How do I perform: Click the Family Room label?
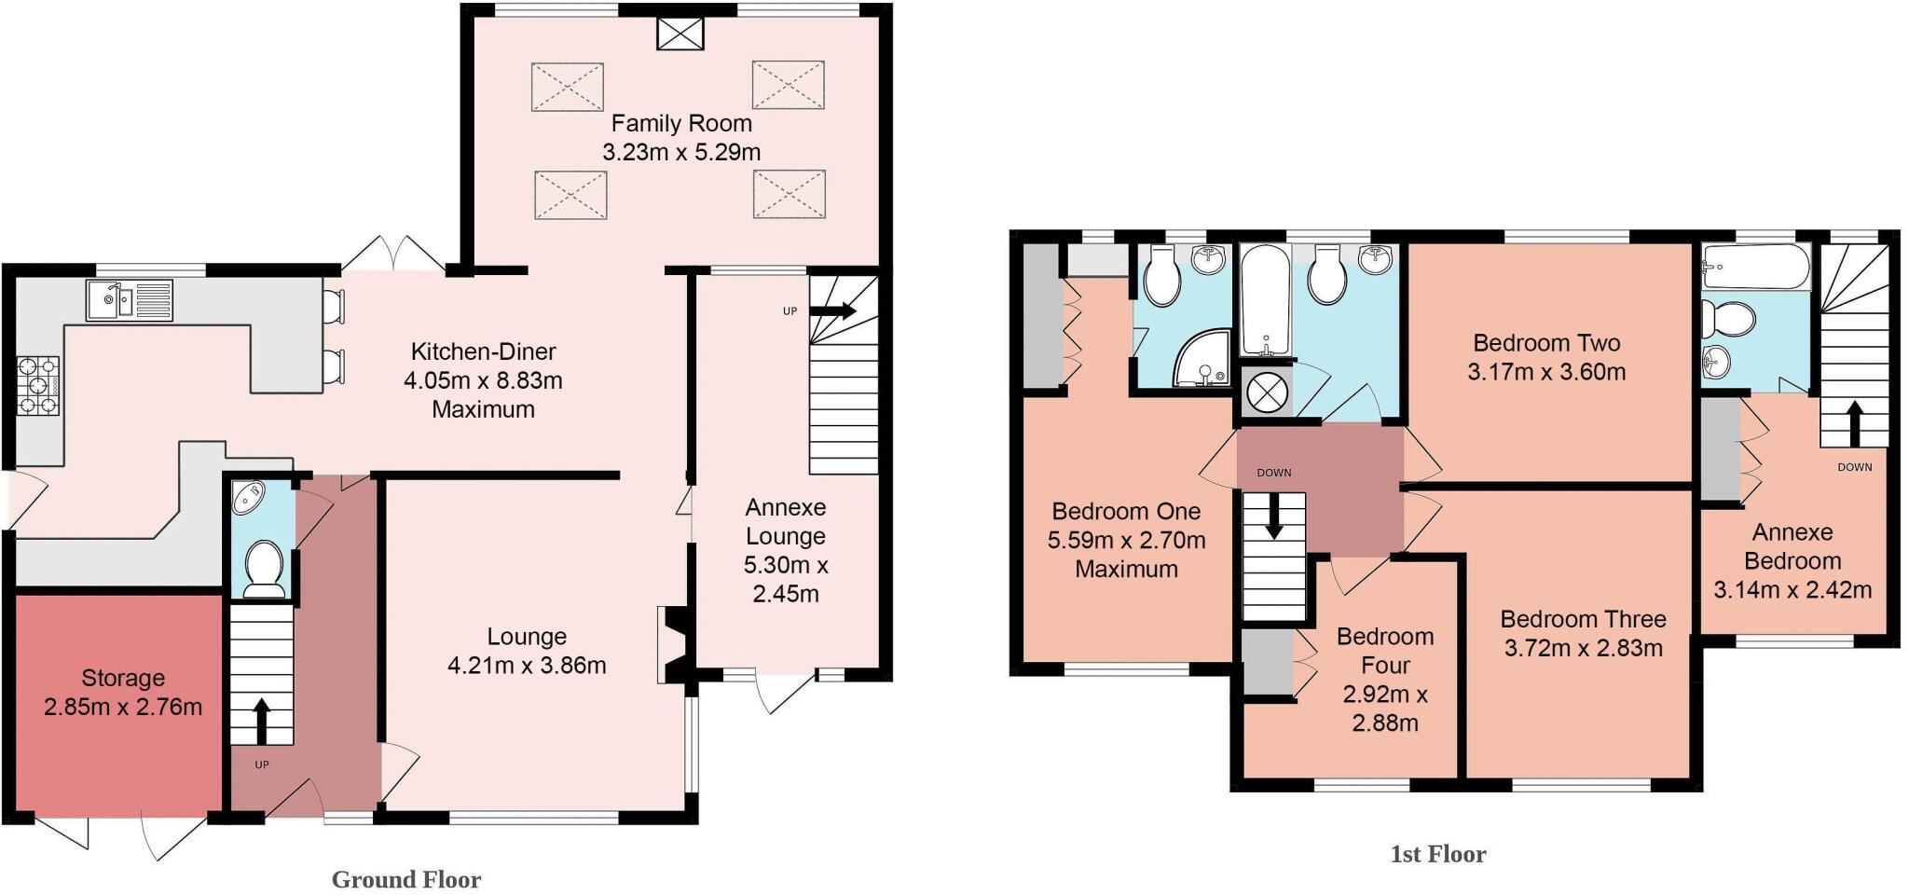681,123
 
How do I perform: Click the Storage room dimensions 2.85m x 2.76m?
123,708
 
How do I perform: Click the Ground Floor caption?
406,879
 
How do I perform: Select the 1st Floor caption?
1437,854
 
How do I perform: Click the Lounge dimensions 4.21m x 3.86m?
527,666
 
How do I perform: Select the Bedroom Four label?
1385,651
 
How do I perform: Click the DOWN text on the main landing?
1273,473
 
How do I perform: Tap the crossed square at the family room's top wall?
680,34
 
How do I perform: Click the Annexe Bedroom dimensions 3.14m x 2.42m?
1792,590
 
